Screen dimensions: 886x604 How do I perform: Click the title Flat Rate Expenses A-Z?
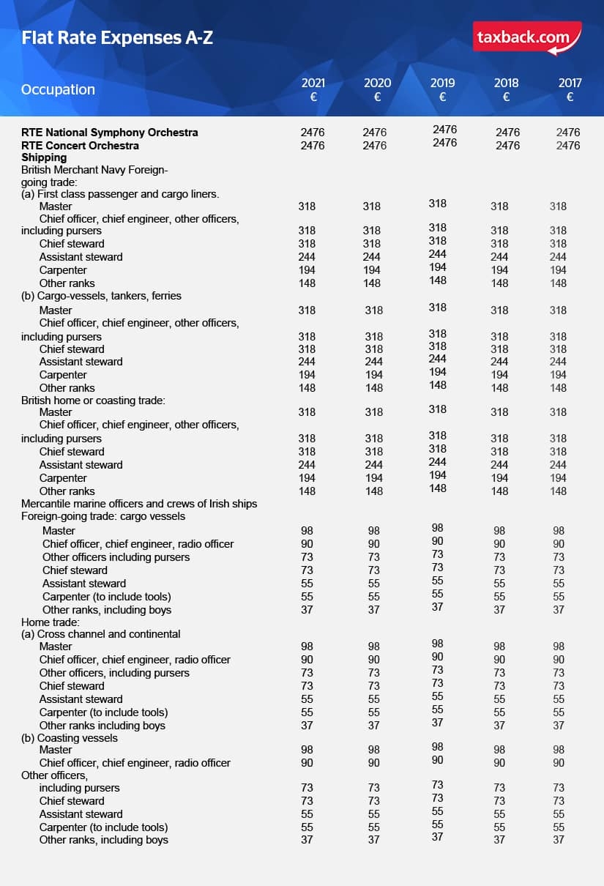(x=117, y=37)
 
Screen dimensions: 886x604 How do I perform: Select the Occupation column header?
(x=59, y=89)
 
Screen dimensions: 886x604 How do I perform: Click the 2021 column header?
(x=313, y=89)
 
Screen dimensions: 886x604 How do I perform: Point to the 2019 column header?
(x=442, y=89)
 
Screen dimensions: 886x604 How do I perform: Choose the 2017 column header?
(x=570, y=89)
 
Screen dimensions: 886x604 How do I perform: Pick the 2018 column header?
(x=506, y=89)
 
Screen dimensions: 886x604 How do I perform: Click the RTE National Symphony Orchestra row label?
(x=110, y=133)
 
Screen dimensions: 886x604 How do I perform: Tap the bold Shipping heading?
(x=44, y=157)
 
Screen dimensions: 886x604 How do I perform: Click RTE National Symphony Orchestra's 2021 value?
(x=313, y=133)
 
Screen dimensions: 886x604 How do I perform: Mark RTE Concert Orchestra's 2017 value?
(x=568, y=145)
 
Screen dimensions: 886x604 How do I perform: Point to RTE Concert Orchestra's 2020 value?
(x=375, y=145)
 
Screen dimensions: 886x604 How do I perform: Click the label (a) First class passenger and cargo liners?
(x=120, y=194)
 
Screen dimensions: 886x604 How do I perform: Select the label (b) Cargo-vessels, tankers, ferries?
(x=101, y=296)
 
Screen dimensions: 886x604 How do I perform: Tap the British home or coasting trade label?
(x=93, y=400)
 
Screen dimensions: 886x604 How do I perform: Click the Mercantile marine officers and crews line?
(x=139, y=504)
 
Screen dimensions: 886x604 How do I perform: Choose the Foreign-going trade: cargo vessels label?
(x=103, y=516)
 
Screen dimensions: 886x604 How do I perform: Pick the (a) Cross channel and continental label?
(x=101, y=634)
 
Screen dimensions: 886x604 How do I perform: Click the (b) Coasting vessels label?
(x=70, y=738)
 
